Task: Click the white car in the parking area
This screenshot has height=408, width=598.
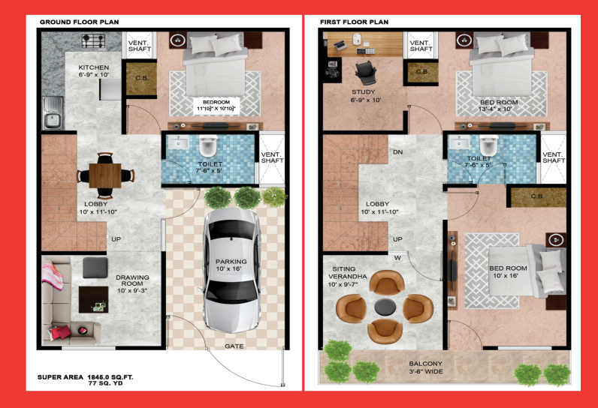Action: pos(231,270)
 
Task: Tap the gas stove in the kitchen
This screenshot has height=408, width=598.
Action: pos(93,40)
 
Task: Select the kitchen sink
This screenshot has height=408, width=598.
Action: pos(53,113)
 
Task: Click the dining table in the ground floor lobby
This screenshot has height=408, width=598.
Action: pos(105,175)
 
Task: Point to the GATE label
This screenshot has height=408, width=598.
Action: pos(234,346)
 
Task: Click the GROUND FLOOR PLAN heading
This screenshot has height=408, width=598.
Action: pos(80,22)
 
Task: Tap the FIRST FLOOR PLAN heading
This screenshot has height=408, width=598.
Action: pos(355,22)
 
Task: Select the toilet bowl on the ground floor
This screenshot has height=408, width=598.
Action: pos(208,146)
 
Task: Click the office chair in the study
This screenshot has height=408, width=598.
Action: pos(366,72)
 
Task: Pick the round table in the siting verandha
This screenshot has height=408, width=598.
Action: pos(385,307)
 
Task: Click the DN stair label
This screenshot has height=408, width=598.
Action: pos(397,151)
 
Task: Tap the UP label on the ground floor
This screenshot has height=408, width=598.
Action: pos(116,239)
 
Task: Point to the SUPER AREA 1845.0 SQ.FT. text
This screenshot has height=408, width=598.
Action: pos(86,377)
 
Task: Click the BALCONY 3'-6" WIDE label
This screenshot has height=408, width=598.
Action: pos(426,367)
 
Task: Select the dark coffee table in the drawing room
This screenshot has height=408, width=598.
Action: pos(93,299)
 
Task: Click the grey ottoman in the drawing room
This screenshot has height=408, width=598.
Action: pos(95,268)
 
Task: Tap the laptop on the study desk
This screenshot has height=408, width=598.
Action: pos(340,45)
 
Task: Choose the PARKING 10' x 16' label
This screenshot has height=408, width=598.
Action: pos(231,265)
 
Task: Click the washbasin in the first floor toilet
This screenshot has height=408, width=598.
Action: pos(459,142)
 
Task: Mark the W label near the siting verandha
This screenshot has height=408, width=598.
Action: pos(397,258)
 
